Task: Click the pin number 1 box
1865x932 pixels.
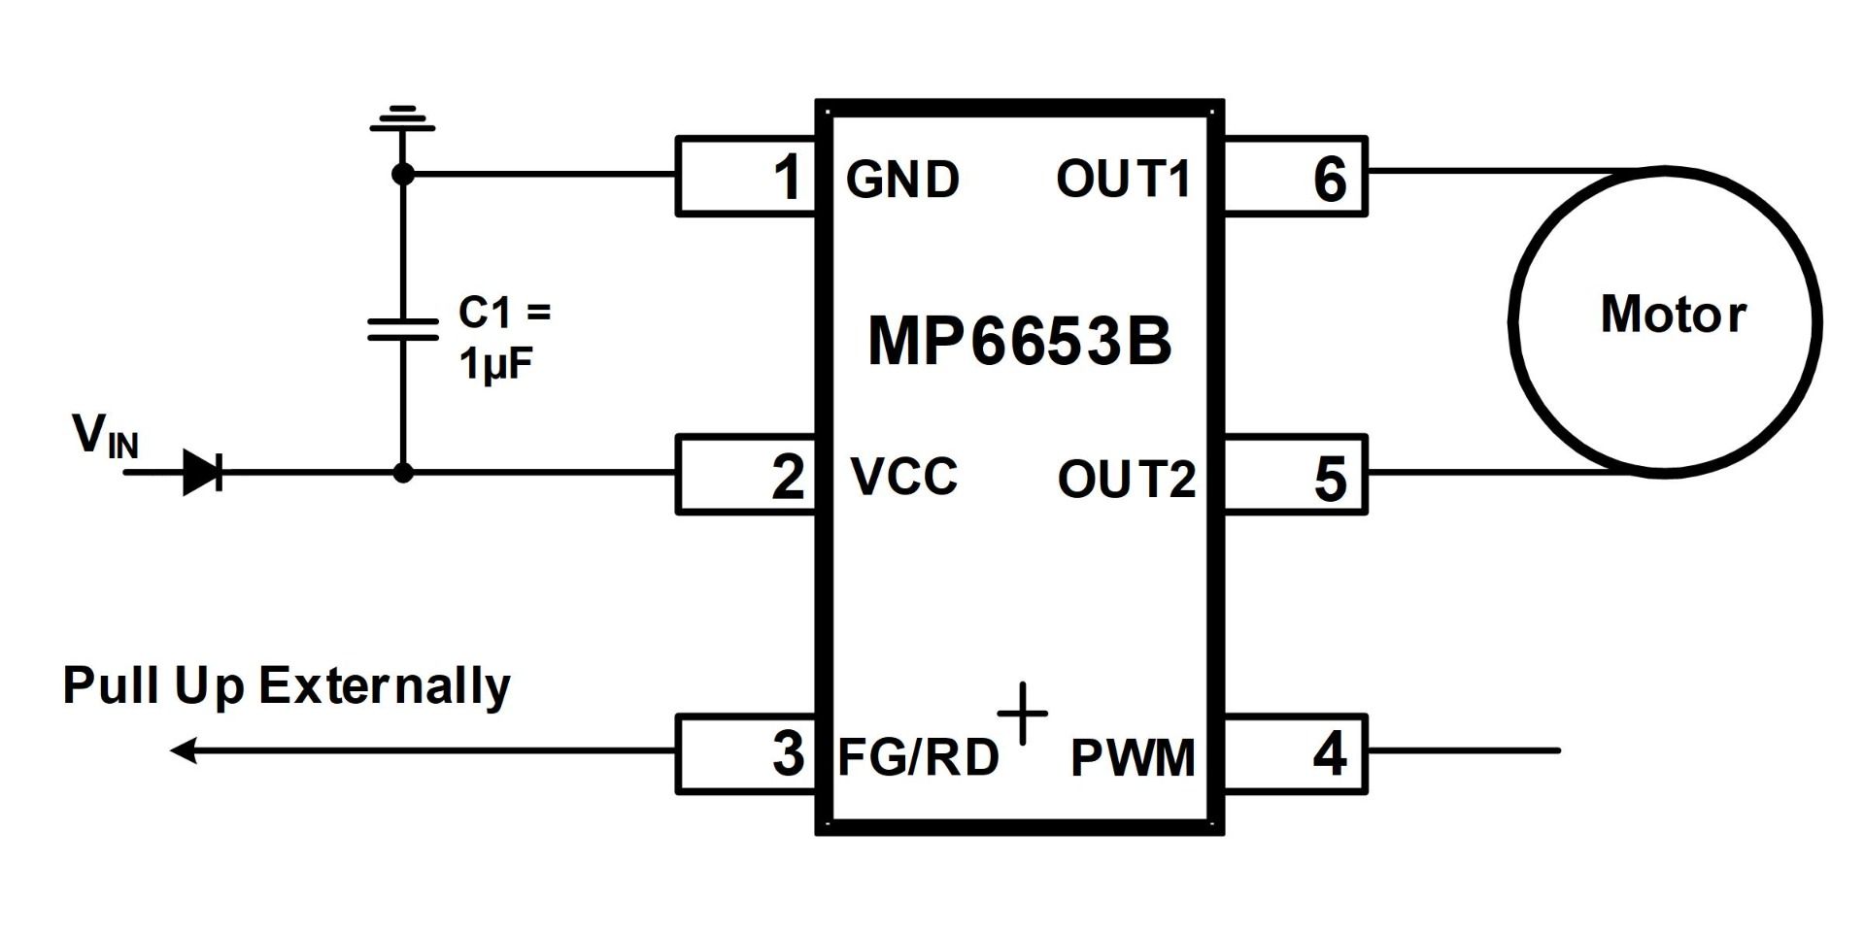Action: pyautogui.click(x=746, y=176)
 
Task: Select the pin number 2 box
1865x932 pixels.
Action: pyautogui.click(x=746, y=474)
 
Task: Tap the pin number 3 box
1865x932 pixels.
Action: pyautogui.click(x=746, y=753)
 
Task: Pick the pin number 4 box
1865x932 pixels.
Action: pyautogui.click(x=1295, y=753)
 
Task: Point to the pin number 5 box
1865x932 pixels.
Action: pyautogui.click(x=1295, y=476)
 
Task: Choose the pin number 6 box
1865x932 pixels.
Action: pyautogui.click(x=1295, y=176)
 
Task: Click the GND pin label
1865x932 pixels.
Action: pyautogui.click(x=902, y=180)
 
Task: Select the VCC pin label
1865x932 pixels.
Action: pyautogui.click(x=903, y=476)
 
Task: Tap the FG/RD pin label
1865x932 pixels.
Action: pyautogui.click(x=918, y=757)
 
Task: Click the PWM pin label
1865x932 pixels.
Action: pyautogui.click(x=1133, y=758)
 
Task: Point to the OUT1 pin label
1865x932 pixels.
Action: pyautogui.click(x=1123, y=180)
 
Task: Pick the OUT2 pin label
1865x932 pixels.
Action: pyautogui.click(x=1126, y=479)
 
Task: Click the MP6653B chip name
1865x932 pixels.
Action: pyautogui.click(x=1020, y=341)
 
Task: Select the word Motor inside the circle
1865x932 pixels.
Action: pyautogui.click(x=1673, y=315)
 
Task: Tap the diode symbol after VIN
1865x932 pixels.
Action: pyautogui.click(x=203, y=473)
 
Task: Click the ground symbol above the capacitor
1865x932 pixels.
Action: pyautogui.click(x=402, y=118)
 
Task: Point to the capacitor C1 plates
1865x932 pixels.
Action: pyautogui.click(x=402, y=329)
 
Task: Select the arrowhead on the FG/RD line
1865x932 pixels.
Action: pyautogui.click(x=185, y=750)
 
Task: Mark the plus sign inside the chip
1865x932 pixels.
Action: pyautogui.click(x=1023, y=714)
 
